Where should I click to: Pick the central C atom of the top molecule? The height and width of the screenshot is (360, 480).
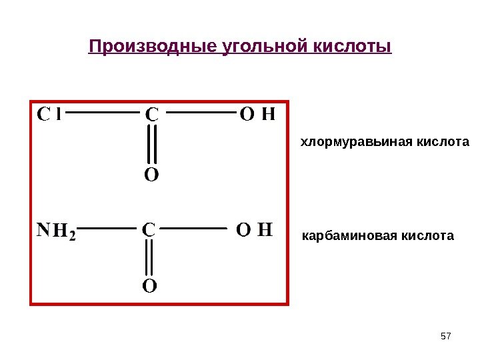(152, 115)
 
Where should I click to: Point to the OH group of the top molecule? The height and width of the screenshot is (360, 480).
(257, 114)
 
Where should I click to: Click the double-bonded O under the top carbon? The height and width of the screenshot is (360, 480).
(152, 175)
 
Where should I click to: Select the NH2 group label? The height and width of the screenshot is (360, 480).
(56, 231)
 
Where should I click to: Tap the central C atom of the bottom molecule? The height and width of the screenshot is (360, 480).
(148, 230)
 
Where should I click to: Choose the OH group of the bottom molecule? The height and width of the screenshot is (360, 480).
(255, 230)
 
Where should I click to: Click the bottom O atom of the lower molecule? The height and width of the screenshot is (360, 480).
(149, 287)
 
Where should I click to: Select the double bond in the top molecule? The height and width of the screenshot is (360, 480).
(152, 145)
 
